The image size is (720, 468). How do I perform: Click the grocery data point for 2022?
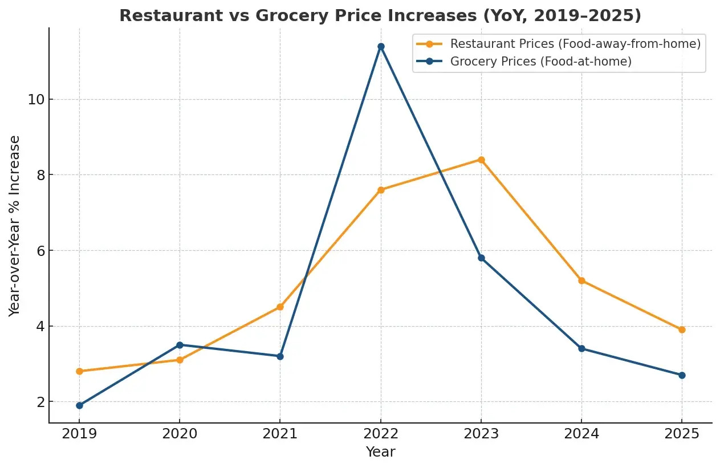(381, 46)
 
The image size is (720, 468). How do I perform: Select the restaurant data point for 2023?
(481, 160)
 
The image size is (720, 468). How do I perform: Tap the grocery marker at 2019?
(79, 405)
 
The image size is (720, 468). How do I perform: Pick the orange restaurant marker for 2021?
(280, 307)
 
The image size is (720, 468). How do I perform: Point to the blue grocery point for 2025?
(682, 375)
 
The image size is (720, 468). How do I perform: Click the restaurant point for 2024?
(581, 280)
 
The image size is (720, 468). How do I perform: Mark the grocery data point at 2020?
(180, 345)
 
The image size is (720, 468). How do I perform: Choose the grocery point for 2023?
(481, 258)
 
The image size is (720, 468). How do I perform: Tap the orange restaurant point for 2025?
(682, 329)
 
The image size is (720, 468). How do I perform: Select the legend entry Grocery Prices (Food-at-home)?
(540, 62)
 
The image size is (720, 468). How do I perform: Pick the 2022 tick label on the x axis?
(381, 434)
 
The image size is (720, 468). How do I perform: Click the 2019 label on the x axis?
(79, 434)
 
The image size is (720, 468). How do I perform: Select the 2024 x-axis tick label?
(581, 434)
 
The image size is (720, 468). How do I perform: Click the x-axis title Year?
(380, 452)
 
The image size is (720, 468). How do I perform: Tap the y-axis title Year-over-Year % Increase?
(15, 225)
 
